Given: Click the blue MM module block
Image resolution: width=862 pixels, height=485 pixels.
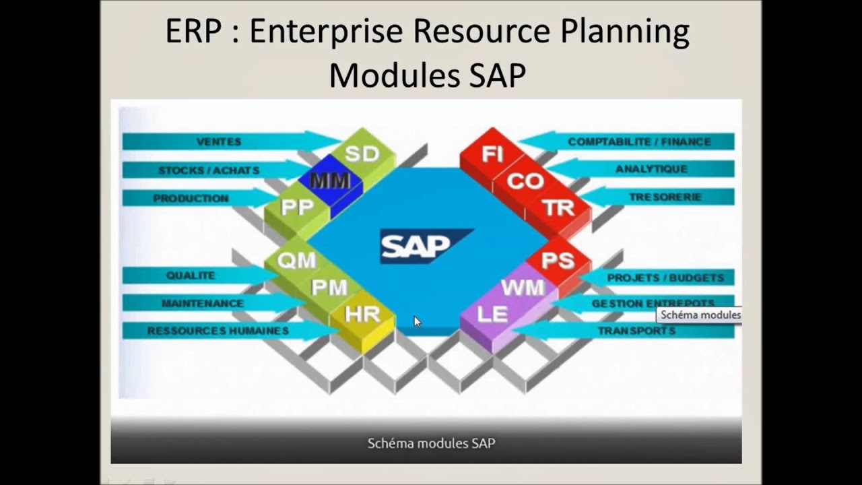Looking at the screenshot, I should [x=330, y=181].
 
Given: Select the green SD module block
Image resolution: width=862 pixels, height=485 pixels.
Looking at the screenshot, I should [x=362, y=154].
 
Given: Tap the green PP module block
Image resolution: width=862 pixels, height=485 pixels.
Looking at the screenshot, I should [x=297, y=208].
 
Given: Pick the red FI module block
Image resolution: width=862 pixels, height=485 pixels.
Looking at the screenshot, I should [x=492, y=154].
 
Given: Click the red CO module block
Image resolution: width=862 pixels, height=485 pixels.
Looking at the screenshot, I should [x=525, y=181].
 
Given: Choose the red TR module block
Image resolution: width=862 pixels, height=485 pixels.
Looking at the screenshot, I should [x=558, y=208].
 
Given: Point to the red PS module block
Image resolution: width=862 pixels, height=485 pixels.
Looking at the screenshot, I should [x=558, y=260].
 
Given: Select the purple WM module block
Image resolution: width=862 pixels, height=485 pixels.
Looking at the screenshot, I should [x=523, y=288].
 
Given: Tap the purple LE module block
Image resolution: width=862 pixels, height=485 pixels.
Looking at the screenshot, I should [x=492, y=314].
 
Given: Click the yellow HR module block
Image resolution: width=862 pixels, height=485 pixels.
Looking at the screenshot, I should [x=362, y=314].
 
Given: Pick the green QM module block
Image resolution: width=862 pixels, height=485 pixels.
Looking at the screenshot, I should [x=296, y=260].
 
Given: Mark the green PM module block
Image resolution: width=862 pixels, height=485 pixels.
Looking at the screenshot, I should [x=329, y=288].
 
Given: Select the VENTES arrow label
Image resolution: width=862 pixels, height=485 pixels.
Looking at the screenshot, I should [x=219, y=141].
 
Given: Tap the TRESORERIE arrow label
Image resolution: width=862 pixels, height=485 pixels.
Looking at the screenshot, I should [x=665, y=197].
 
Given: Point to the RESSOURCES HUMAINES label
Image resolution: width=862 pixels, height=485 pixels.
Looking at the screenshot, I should [x=218, y=331].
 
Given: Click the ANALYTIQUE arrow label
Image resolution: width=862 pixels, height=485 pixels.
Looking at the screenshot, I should [x=651, y=169].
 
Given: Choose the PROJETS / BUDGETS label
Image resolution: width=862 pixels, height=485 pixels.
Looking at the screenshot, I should [x=665, y=278].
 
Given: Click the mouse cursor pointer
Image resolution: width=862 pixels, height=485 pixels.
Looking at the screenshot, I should [x=417, y=321].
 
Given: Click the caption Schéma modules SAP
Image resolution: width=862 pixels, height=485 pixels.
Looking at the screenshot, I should [x=431, y=443].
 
